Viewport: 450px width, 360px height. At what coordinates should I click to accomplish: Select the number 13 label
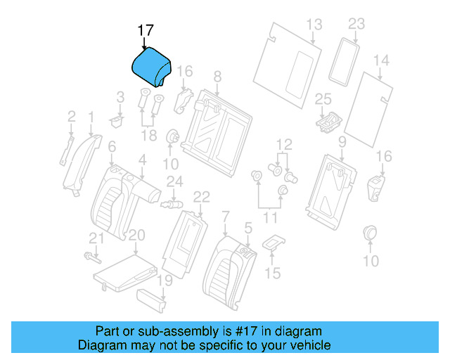(314, 25)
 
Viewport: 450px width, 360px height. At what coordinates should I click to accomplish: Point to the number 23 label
(356, 25)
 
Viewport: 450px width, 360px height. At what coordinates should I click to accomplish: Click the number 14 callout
(381, 61)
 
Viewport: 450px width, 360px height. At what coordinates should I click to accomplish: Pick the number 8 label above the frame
(217, 75)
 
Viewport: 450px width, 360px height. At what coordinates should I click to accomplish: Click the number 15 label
(273, 273)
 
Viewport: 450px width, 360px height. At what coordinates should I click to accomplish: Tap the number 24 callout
(174, 182)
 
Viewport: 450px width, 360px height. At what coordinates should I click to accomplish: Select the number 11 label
(270, 218)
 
